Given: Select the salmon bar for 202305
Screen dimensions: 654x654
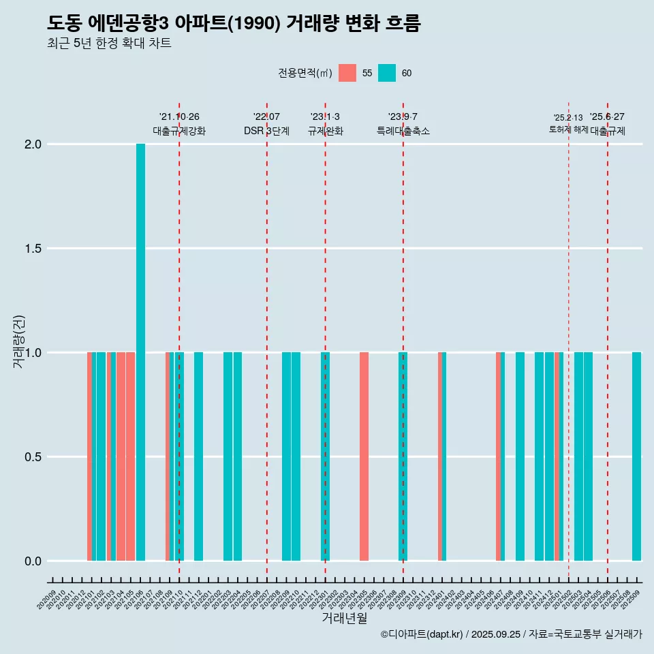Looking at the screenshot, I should tap(364, 456).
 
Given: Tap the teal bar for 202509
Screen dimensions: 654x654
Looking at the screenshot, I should tap(636, 456).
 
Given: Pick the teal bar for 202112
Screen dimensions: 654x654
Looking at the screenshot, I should tap(198, 456).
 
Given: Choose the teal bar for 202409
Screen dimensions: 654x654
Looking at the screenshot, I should tap(520, 456).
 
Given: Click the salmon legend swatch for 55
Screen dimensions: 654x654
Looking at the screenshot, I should tap(347, 73).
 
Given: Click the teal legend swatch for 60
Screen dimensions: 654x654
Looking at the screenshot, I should tap(387, 73).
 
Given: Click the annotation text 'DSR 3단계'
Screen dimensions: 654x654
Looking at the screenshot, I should tap(266, 131).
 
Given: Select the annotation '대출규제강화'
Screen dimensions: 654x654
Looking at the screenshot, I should tap(179, 131).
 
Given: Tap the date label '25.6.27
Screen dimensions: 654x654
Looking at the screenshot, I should tap(607, 117).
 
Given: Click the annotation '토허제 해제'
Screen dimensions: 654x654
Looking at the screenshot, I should tap(568, 129).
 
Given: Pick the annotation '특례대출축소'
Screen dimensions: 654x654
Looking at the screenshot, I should tap(403, 131).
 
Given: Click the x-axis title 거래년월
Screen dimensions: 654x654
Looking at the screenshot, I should tap(344, 619).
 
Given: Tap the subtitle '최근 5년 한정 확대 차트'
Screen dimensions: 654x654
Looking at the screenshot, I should tap(109, 44).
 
